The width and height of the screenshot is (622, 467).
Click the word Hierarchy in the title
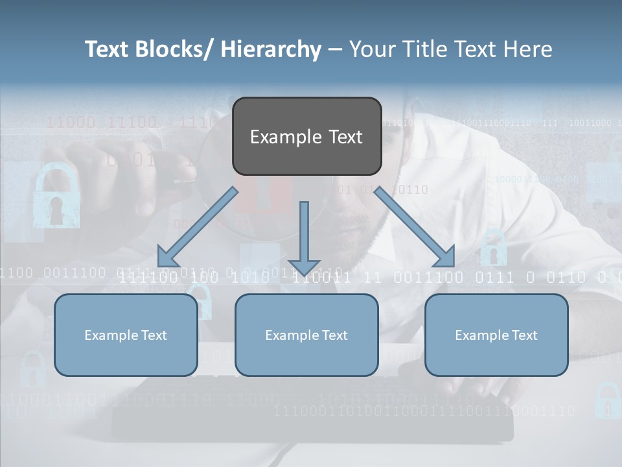click(271, 49)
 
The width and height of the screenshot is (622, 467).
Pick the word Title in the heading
click(424, 49)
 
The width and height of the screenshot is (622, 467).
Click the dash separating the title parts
click(334, 50)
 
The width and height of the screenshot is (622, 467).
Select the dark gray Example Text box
click(306, 136)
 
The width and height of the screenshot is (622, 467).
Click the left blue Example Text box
click(126, 335)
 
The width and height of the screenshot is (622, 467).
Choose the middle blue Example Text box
click(306, 335)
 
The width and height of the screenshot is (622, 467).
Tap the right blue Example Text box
click(496, 335)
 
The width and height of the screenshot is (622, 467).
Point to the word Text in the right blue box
click(524, 335)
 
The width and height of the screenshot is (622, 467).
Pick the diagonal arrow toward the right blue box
click(415, 227)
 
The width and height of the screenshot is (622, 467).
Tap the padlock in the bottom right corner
click(607, 400)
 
